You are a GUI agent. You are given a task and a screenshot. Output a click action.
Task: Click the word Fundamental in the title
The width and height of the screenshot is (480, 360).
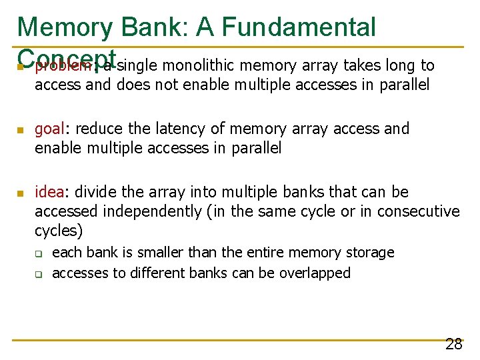tap(299, 27)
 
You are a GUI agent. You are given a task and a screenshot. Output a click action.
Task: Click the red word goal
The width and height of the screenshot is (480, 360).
tap(49, 129)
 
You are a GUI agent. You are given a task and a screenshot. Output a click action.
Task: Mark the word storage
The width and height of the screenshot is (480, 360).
tap(370, 253)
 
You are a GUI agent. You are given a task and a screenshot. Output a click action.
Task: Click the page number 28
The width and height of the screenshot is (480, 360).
tap(454, 344)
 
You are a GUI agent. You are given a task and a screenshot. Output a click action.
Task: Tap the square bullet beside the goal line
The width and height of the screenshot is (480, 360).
tap(21, 129)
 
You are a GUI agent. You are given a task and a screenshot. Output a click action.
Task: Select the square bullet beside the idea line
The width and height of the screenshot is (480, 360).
tap(21, 193)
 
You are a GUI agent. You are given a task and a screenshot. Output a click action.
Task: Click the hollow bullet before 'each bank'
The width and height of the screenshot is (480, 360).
tap(38, 254)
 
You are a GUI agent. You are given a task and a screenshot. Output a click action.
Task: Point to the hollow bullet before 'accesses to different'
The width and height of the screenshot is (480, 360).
tap(38, 274)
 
